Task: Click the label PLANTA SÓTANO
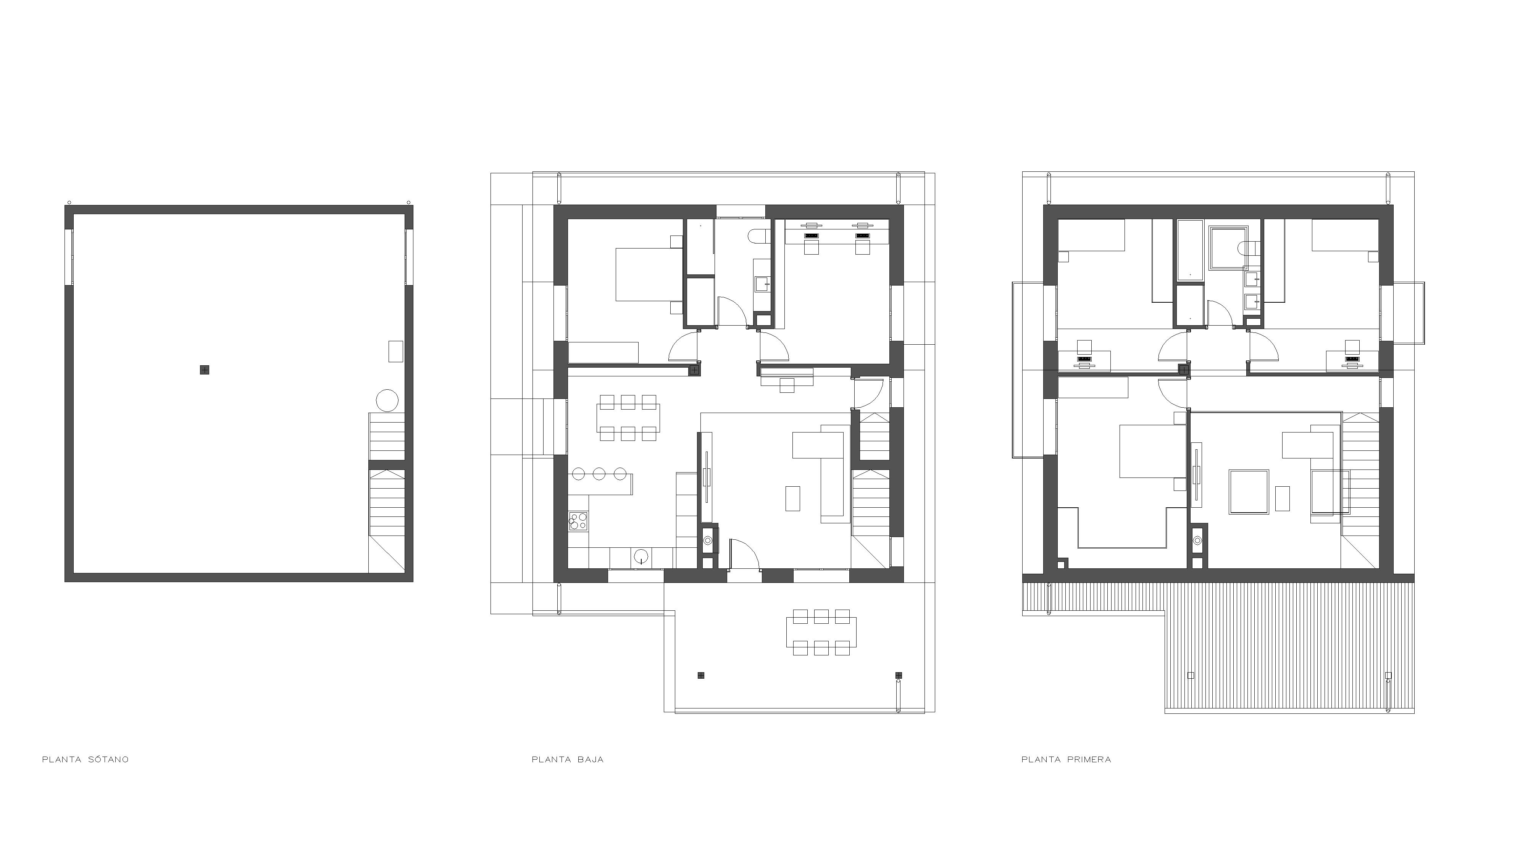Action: (86, 759)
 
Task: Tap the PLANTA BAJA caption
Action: (568, 759)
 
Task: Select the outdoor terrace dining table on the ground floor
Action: (821, 632)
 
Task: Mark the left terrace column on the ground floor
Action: (701, 675)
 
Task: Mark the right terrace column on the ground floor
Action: (899, 675)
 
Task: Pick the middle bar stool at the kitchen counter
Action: (599, 474)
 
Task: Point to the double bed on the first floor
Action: (1147, 451)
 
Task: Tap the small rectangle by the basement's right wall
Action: (395, 351)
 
